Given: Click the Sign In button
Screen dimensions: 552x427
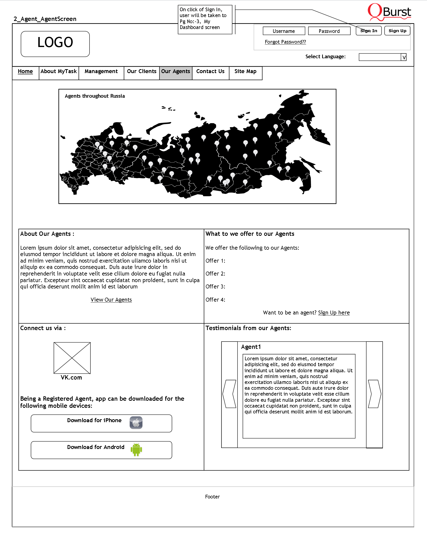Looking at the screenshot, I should coord(368,31).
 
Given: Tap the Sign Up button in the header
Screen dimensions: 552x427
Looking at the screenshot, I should coord(397,31).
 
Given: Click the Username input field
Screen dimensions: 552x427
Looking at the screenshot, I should coord(284,31).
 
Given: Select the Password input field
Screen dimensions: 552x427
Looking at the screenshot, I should coord(329,31).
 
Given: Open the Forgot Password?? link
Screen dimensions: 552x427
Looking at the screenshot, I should coord(285,42).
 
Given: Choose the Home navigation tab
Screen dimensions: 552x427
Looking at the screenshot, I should coord(25,72).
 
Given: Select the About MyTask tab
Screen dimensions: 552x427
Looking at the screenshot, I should coord(59,72).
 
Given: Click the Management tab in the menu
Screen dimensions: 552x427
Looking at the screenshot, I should coord(101,72).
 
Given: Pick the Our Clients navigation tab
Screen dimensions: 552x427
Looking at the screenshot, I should coord(142,72).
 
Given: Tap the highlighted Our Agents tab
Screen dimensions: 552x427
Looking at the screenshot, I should coord(176,72).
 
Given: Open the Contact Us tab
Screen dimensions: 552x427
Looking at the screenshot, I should coord(210,72).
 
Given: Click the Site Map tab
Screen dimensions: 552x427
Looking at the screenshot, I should coord(245,72).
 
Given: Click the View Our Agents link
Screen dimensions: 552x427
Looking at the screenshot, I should coord(111,300).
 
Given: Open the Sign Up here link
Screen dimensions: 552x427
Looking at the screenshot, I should coord(334,313).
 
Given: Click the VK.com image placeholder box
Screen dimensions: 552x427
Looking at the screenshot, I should coord(72,358).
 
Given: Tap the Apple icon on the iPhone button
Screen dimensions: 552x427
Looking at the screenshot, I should coord(136,423).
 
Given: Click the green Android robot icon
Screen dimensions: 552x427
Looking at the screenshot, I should coord(136,450).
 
